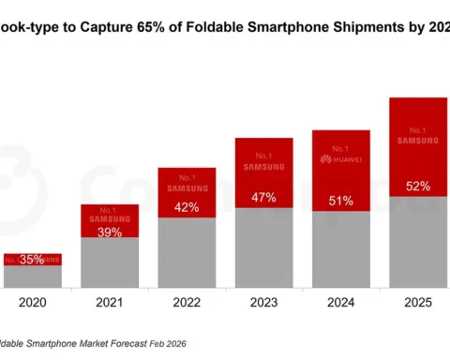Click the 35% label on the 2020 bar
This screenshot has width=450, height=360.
point(32,260)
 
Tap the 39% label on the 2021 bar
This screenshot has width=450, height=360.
point(109,231)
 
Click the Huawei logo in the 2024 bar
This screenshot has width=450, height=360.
point(340,159)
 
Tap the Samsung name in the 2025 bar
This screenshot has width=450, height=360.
point(417,141)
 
